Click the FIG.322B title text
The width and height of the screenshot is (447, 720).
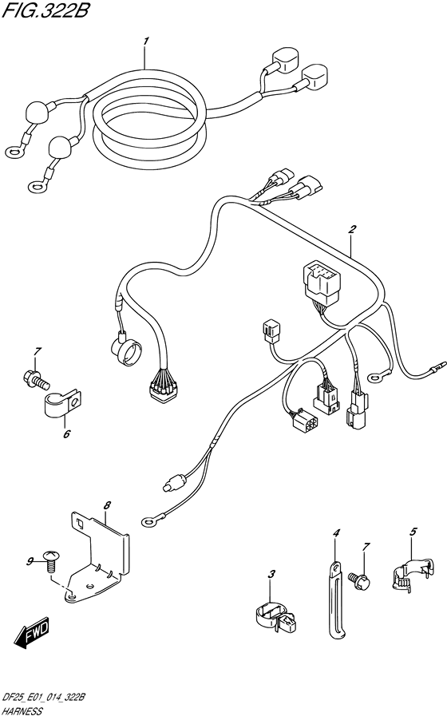tap(44, 10)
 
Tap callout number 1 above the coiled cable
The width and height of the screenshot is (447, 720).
tap(146, 42)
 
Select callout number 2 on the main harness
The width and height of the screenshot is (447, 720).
tap(352, 229)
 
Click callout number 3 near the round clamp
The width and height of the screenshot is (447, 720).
tap(271, 573)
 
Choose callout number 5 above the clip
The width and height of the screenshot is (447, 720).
tap(413, 532)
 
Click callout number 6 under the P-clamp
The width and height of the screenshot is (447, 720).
tap(66, 433)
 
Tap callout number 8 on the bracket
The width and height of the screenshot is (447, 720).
tap(107, 505)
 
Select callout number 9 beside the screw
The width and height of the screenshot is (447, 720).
tap(30, 561)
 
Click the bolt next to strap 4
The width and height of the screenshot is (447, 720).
tap(359, 577)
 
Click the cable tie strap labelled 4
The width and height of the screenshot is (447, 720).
tap(336, 600)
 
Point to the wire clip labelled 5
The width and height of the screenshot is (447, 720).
tap(412, 572)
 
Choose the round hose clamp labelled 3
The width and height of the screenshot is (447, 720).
tap(275, 618)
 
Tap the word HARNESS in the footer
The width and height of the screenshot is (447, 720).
tap(22, 712)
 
